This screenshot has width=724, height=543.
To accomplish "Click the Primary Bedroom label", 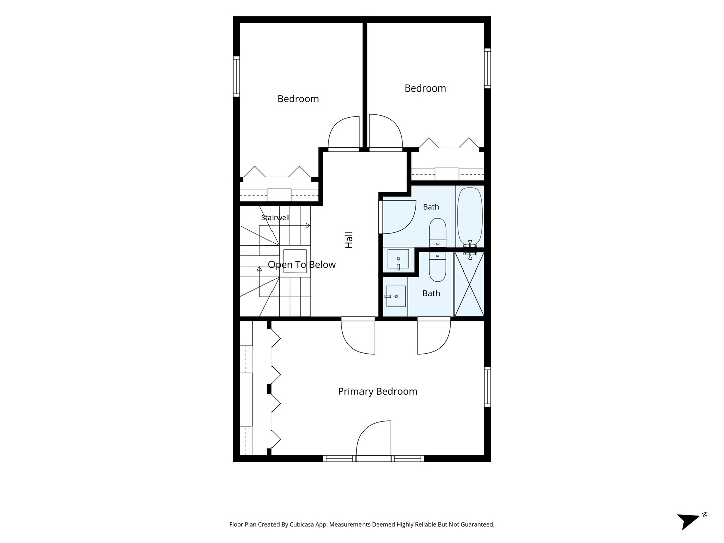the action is tap(378, 391).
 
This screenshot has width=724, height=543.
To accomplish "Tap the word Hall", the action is tap(349, 240).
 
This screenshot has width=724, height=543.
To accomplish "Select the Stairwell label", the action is tap(276, 218).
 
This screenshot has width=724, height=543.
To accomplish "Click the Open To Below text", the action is tap(302, 265).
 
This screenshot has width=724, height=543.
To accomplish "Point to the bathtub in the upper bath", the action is tap(470, 216).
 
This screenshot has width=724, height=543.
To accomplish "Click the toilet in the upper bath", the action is tap(438, 232).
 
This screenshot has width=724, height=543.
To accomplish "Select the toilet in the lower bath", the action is tap(438, 266).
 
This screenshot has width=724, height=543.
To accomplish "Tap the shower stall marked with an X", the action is tap(469, 284).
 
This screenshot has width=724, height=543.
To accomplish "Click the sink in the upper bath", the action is tap(398, 259).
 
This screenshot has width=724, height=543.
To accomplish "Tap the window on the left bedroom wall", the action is tap(236, 76).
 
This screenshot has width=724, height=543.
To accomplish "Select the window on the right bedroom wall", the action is tap(487, 68).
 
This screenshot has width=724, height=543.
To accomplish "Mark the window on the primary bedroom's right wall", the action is tap(487, 387).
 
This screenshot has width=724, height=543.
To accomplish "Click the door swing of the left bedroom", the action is tap(344, 134).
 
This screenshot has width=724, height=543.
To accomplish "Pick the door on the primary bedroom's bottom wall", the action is tap(374, 440).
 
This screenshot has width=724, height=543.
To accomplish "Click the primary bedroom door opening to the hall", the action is tap(358, 336).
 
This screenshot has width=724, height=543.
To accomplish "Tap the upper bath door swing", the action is tap(397, 217).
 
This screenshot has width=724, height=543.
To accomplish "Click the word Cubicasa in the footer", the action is tap(302, 524).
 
